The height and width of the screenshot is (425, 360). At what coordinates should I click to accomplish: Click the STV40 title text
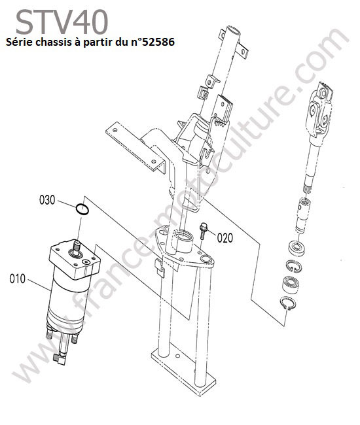(62, 22)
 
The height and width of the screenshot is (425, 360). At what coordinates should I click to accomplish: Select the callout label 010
(18, 279)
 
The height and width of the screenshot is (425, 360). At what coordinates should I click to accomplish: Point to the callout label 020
(225, 238)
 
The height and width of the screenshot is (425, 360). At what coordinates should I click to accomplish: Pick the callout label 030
(47, 200)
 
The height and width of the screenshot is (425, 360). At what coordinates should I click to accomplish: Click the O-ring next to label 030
(82, 209)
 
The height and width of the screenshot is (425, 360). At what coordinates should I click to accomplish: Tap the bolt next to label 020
(203, 231)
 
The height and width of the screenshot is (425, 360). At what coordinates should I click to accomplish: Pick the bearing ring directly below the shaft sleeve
(297, 247)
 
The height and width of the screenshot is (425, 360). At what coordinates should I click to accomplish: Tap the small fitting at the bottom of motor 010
(60, 358)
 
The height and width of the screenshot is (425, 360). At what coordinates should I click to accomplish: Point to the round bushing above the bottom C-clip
(291, 284)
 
